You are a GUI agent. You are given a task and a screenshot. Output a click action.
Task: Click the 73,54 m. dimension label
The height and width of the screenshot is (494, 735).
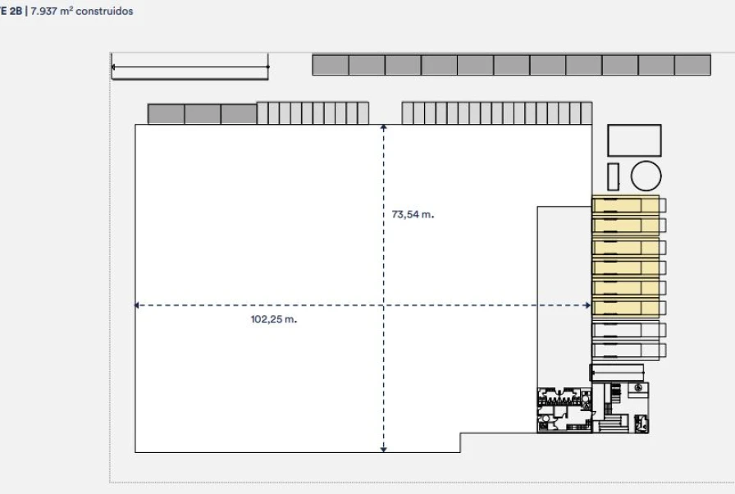click(413, 214)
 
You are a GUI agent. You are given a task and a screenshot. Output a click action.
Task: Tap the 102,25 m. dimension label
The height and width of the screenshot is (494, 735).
click(273, 318)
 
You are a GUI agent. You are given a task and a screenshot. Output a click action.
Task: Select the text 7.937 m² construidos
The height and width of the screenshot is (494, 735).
click(80, 11)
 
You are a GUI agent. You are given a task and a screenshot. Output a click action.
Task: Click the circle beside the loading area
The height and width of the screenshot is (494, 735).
click(646, 176)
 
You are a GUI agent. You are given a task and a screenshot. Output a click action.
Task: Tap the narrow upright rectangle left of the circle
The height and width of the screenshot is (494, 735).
click(613, 176)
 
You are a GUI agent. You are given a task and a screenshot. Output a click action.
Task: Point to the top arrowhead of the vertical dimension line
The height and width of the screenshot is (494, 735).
click(383, 127)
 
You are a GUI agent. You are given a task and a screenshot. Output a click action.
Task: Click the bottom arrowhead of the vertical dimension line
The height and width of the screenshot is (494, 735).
click(383, 448)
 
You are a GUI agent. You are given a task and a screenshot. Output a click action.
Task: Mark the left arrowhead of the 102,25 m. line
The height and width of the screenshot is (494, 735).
click(138, 305)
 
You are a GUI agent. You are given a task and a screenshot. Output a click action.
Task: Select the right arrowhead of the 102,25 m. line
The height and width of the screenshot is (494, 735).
click(587, 305)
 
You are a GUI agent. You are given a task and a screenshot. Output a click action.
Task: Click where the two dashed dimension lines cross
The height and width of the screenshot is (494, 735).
click(383, 305)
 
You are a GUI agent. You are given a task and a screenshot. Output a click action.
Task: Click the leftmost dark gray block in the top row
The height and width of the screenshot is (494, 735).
click(330, 65)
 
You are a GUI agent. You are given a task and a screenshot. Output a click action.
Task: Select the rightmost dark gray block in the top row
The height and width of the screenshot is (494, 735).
click(692, 65)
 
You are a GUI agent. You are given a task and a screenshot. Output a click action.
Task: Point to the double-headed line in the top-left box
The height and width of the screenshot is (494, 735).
click(189, 66)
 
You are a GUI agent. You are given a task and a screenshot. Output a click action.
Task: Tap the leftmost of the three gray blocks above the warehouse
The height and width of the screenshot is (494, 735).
click(166, 114)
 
